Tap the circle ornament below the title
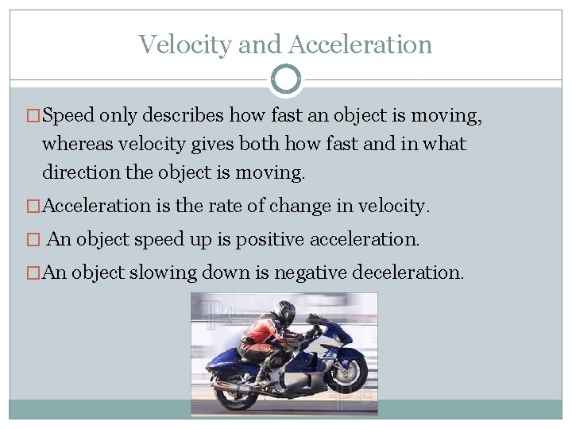[286, 79]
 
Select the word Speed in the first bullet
[68, 116]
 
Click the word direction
[78, 172]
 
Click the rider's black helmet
[284, 311]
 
